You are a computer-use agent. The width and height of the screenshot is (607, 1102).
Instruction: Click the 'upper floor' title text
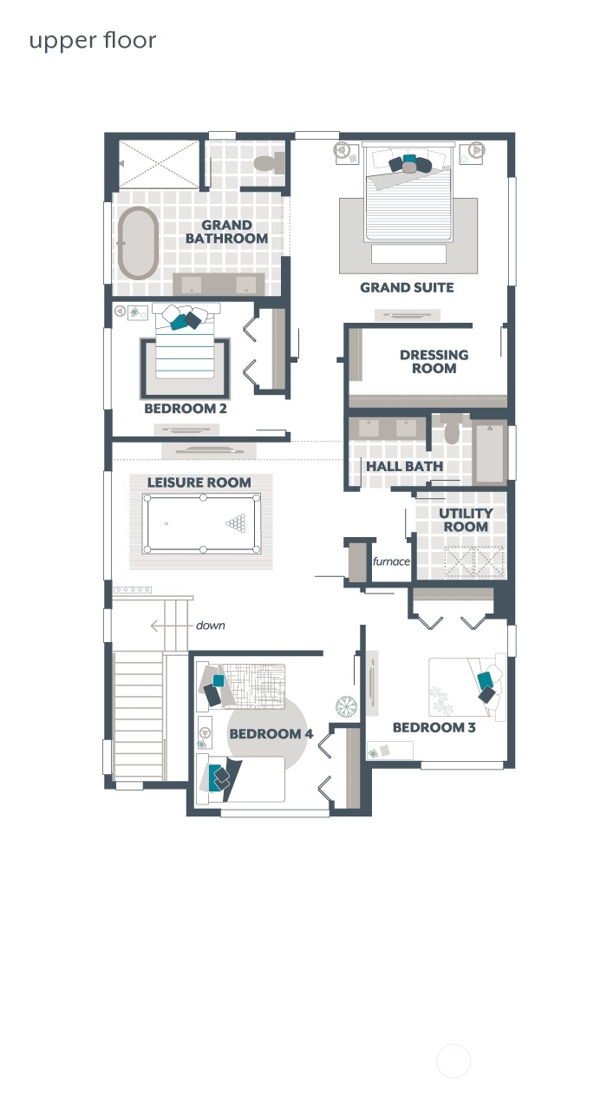(93, 41)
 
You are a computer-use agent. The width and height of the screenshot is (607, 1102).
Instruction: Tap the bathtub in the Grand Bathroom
(138, 243)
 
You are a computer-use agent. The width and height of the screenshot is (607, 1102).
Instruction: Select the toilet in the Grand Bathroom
(268, 162)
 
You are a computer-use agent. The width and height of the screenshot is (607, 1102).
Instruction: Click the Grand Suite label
(407, 287)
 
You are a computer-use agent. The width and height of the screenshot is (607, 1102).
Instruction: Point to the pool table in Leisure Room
(201, 523)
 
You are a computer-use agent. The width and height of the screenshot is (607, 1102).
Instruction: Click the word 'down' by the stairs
(211, 625)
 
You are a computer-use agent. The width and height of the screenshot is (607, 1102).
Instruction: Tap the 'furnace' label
(391, 561)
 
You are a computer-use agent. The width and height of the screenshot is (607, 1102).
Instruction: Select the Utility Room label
(466, 520)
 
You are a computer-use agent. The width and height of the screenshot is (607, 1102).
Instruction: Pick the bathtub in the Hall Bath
(490, 452)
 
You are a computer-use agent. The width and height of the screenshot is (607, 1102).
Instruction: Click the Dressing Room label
(434, 361)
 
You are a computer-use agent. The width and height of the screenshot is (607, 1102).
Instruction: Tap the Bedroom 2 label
(186, 408)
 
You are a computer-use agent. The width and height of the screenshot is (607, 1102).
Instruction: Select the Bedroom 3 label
(434, 727)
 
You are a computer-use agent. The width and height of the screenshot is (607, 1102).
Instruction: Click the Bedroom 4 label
(271, 734)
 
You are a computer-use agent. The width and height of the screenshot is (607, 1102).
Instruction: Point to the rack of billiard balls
(237, 522)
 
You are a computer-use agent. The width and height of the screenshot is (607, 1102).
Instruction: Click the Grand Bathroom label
(226, 232)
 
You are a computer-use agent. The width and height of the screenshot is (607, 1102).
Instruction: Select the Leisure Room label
(199, 482)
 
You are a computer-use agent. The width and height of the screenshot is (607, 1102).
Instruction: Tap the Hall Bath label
(404, 466)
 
